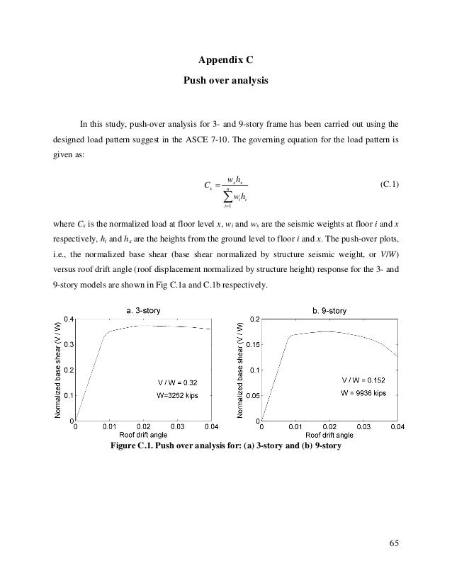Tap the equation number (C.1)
(x=389, y=186)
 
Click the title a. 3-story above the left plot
(x=142, y=309)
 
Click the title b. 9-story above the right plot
(x=329, y=309)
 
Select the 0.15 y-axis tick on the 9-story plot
(x=252, y=345)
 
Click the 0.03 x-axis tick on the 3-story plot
(x=178, y=427)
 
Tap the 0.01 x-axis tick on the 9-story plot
(x=295, y=427)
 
